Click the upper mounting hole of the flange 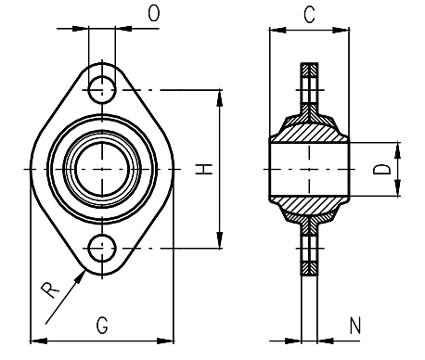103,90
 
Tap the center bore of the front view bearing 103,169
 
